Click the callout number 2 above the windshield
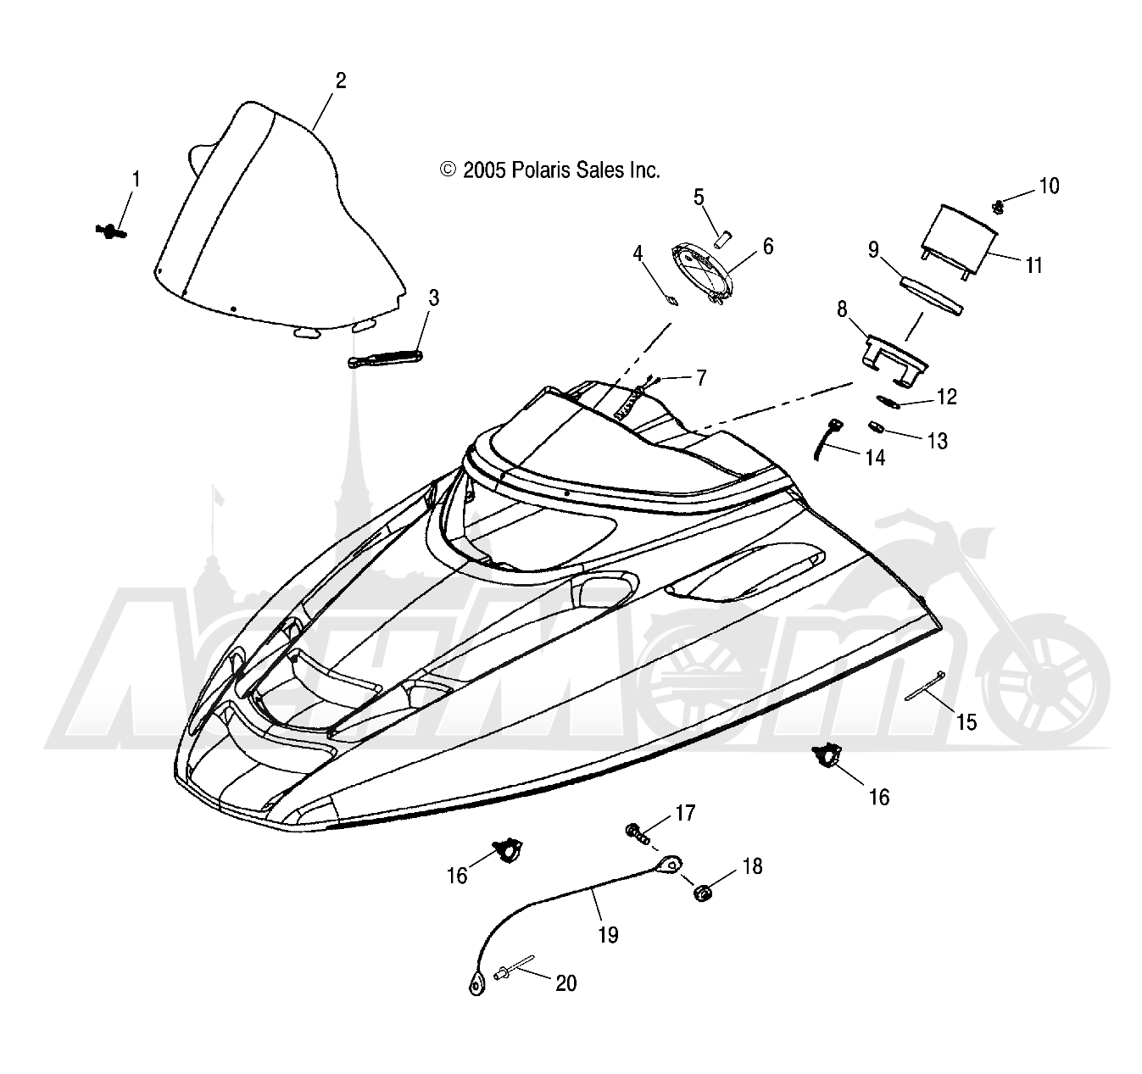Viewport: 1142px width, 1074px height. tap(341, 81)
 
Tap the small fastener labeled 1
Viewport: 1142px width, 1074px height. tap(110, 231)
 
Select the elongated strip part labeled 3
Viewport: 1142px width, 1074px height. tap(385, 359)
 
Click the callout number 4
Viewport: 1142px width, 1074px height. tap(638, 253)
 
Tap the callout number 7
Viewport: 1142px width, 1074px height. tap(701, 378)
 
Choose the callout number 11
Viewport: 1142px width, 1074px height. tap(1033, 265)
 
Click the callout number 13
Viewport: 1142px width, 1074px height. tap(938, 441)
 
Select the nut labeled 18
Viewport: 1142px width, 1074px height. tap(701, 894)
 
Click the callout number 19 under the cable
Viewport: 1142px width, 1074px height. tap(608, 935)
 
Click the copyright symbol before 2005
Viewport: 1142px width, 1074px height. tap(448, 170)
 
